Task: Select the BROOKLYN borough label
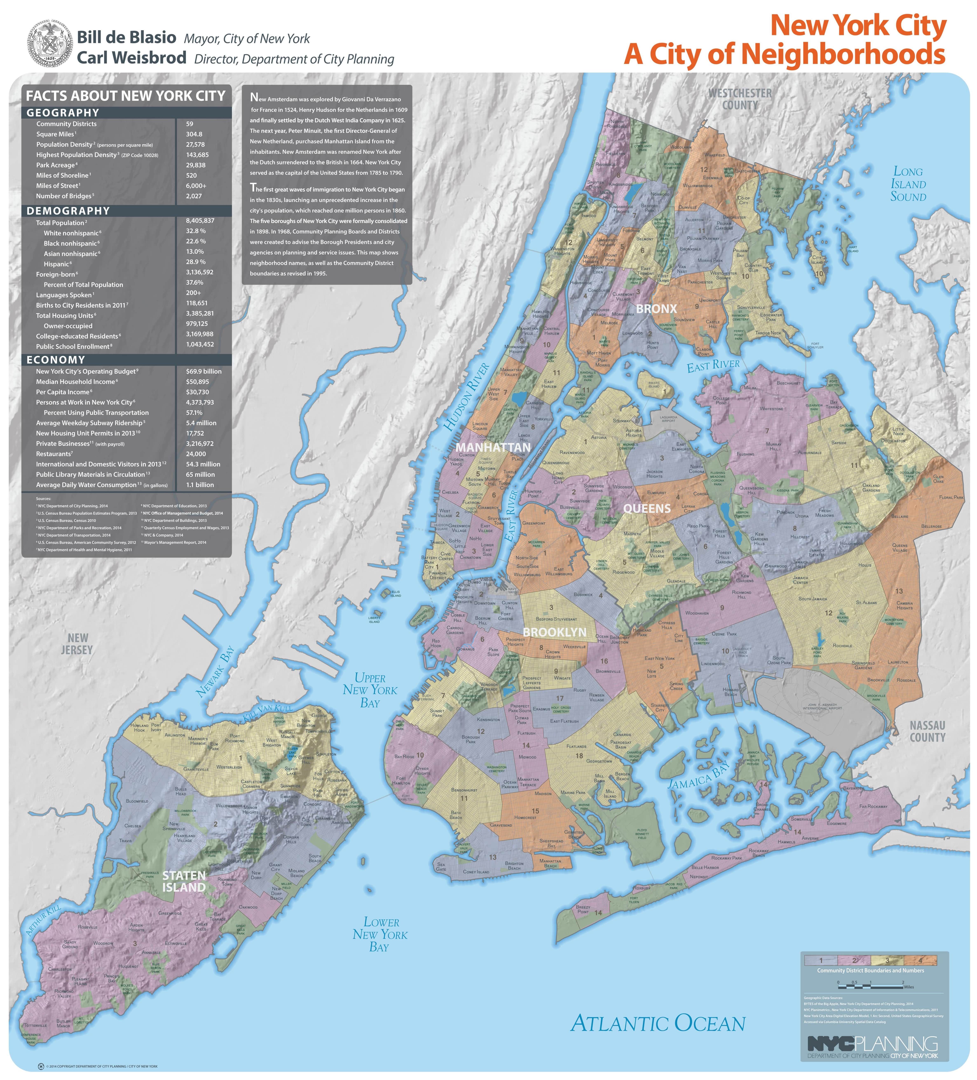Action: point(554,632)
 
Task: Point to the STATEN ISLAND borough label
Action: point(184,881)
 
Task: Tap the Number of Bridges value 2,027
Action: point(194,196)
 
